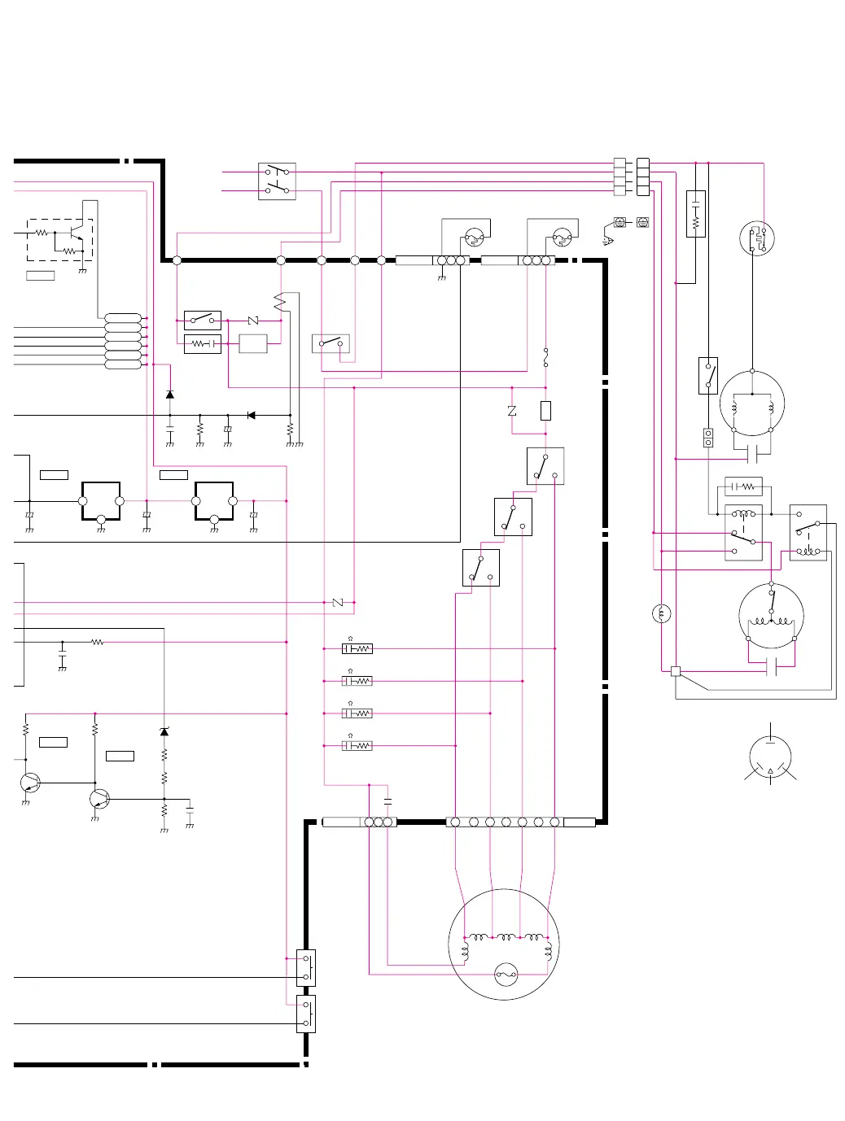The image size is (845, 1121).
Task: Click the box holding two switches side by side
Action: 277,181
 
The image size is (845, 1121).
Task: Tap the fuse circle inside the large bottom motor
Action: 506,974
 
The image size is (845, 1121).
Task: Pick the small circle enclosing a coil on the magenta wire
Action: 662,613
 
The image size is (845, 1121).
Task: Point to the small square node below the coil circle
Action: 675,671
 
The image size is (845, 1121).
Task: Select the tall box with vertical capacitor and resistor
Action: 695,213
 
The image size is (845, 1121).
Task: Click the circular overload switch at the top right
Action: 757,238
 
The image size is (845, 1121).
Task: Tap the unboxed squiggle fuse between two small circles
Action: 545,356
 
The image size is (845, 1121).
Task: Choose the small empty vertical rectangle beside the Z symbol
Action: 545,411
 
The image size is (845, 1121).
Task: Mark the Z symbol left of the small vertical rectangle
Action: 512,411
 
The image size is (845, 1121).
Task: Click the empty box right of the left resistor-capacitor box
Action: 252,343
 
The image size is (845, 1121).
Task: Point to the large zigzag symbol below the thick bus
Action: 280,302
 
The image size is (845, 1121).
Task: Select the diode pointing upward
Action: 169,395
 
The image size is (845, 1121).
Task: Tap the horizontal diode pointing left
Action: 251,415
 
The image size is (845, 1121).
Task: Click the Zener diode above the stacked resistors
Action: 164,731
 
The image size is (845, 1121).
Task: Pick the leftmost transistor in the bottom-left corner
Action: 30,783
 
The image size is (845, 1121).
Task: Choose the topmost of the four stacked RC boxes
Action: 357,648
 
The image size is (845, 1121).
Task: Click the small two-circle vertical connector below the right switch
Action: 707,438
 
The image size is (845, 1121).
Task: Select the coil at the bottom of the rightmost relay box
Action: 808,551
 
